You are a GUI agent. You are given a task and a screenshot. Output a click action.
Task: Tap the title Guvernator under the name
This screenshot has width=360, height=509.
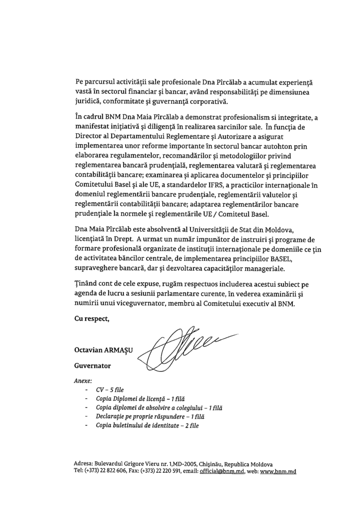tap(92, 365)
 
